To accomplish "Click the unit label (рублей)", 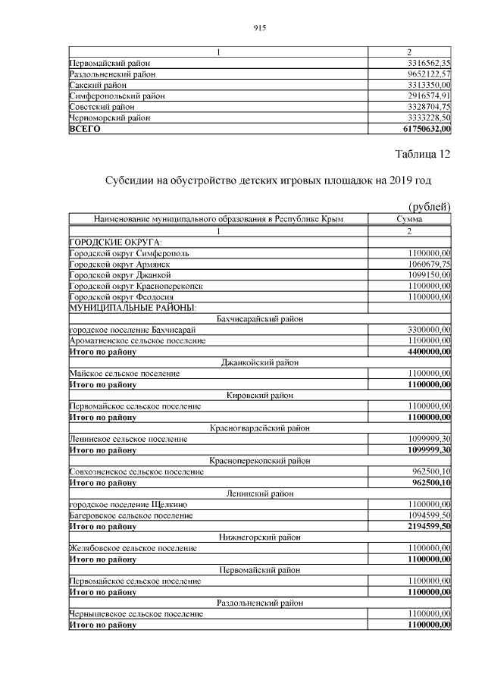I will (x=429, y=207).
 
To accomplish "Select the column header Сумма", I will (x=409, y=219).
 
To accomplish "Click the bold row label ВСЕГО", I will (x=85, y=129).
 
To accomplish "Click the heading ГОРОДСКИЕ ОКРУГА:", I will (x=105, y=242).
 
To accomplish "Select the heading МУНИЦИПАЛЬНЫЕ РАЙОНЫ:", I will (x=132, y=308).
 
